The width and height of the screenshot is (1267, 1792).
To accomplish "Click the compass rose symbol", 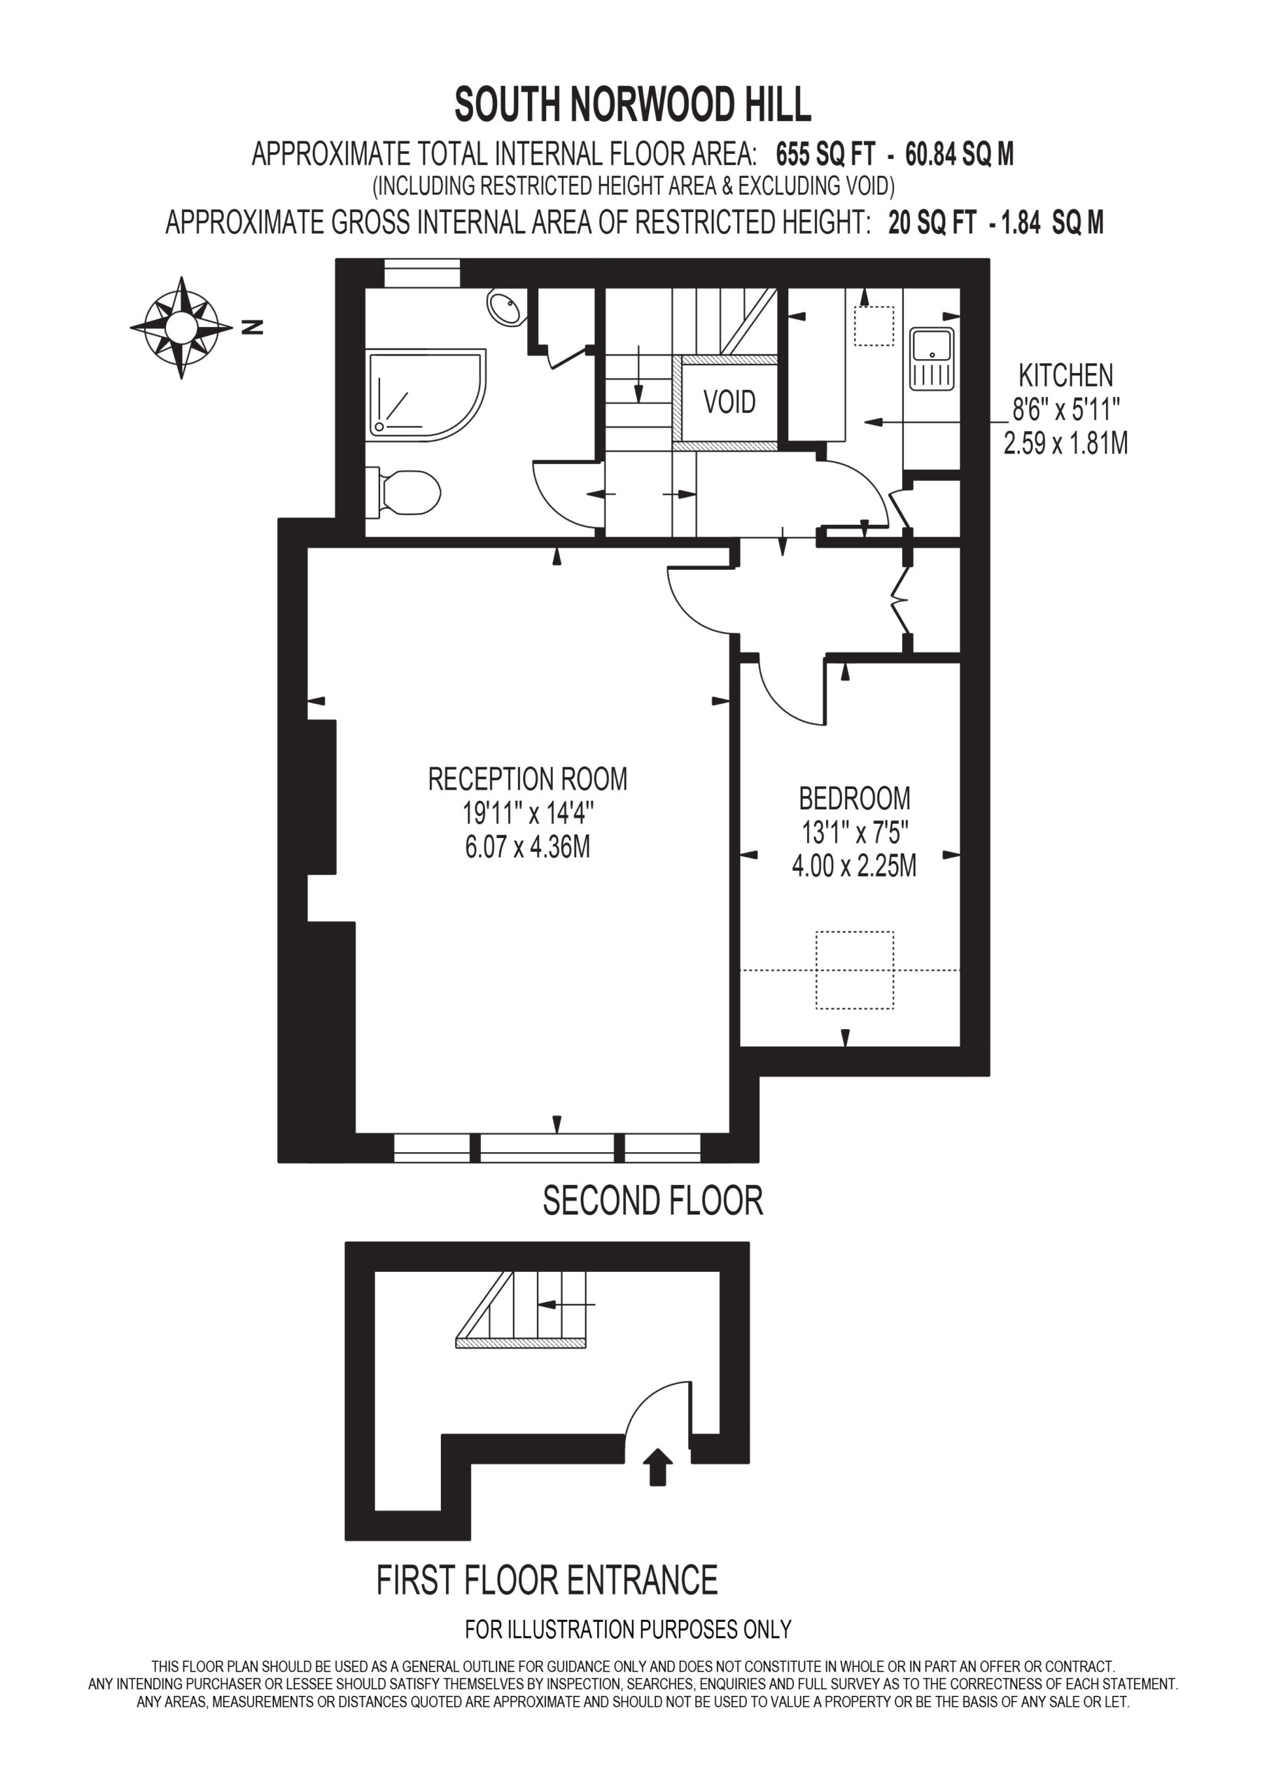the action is pyautogui.click(x=181, y=327).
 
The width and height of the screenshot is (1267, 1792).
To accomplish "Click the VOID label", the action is pyautogui.click(x=730, y=402).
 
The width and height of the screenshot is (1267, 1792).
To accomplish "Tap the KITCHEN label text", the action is pyautogui.click(x=1065, y=375).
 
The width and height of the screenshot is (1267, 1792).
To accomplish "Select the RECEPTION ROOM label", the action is pyautogui.click(x=528, y=779).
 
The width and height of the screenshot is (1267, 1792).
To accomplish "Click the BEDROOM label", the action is pyautogui.click(x=855, y=799).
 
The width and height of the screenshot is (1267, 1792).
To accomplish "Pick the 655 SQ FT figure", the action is pyautogui.click(x=826, y=154).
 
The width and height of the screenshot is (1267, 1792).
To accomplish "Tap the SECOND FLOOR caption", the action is pyautogui.click(x=652, y=1200).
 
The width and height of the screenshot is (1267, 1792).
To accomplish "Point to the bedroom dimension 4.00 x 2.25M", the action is pyautogui.click(x=855, y=867).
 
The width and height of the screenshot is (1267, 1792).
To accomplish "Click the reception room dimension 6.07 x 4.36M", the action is pyautogui.click(x=528, y=847).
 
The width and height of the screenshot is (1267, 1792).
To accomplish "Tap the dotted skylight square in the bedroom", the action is pyautogui.click(x=855, y=970).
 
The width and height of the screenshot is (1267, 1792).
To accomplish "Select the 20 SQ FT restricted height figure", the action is pyautogui.click(x=932, y=223).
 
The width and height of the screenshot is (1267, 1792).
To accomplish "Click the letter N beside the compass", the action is pyautogui.click(x=252, y=328).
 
